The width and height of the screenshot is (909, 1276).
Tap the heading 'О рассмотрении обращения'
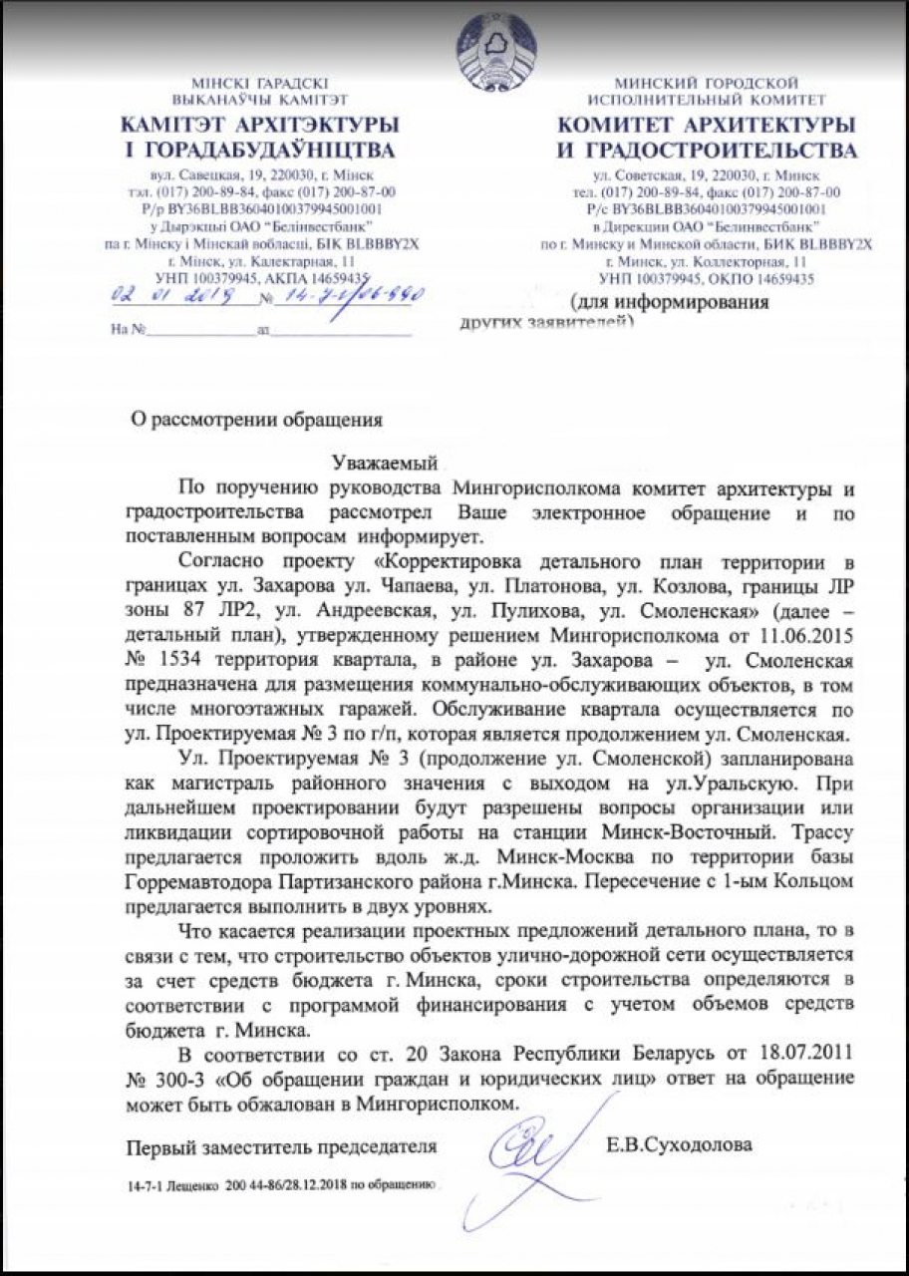click(258, 419)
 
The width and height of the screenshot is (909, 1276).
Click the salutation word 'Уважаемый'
click(384, 464)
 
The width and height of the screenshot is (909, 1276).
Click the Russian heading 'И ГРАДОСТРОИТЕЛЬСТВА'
click(706, 152)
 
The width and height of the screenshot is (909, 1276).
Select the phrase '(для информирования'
click(669, 302)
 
